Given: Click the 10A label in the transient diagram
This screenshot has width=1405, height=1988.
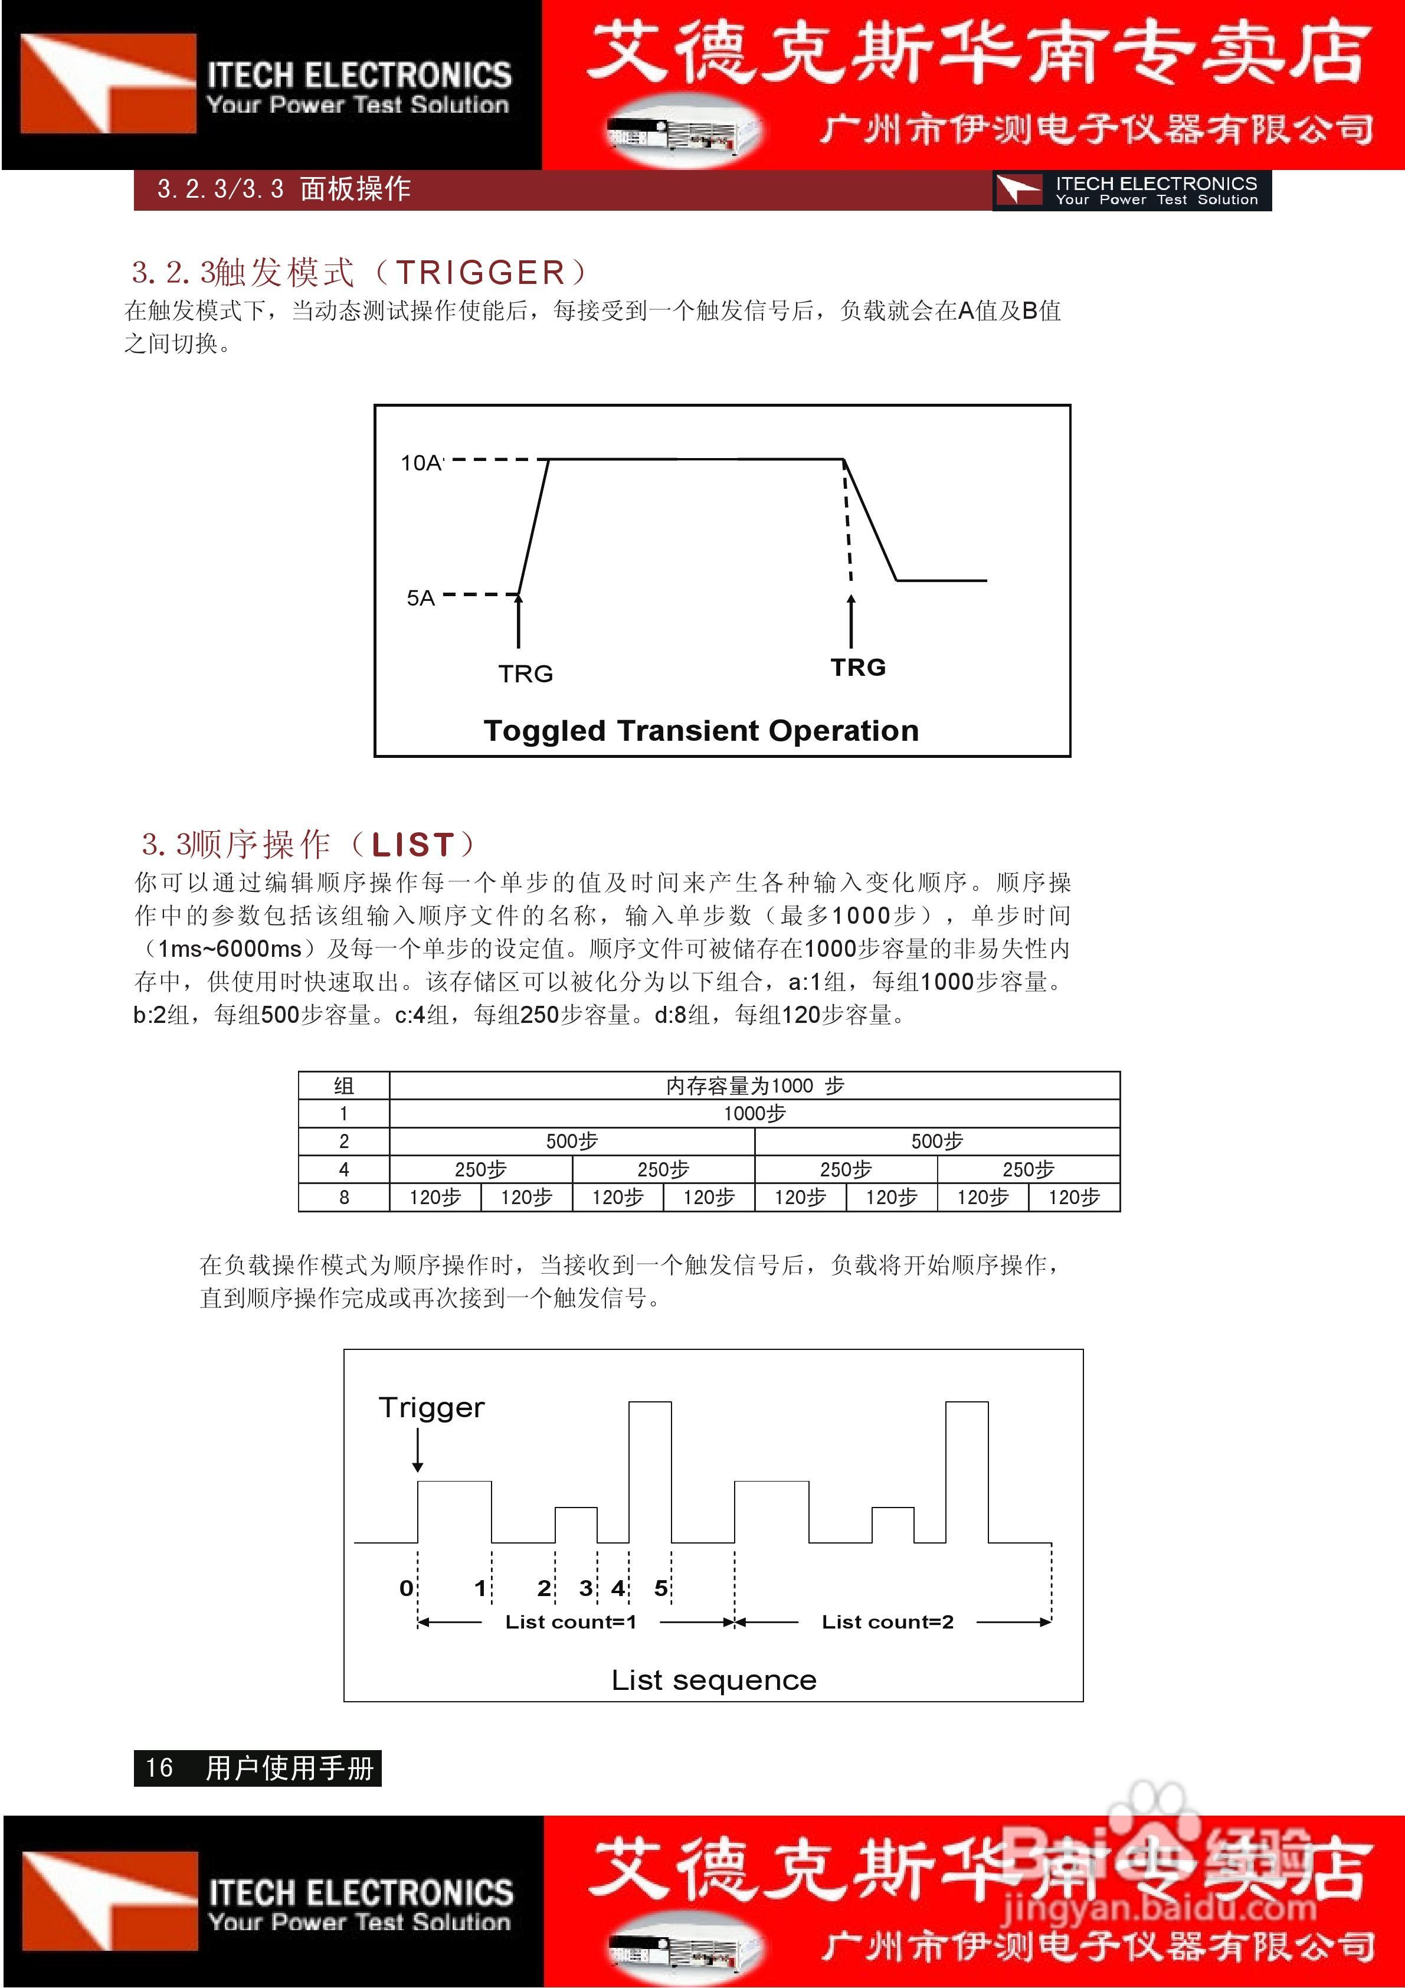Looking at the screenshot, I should [x=421, y=463].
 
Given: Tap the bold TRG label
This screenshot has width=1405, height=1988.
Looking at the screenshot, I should [x=858, y=668].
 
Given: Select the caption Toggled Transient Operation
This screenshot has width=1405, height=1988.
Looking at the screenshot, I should [x=700, y=731].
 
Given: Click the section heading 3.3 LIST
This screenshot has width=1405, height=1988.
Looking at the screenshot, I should [x=309, y=843].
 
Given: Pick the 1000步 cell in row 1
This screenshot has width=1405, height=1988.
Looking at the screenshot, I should [x=754, y=1113].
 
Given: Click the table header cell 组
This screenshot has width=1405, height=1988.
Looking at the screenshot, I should [x=343, y=1085].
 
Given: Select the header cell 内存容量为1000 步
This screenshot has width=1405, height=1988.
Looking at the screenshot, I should [x=754, y=1085].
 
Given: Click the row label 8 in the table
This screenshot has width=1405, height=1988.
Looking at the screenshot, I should [x=343, y=1198].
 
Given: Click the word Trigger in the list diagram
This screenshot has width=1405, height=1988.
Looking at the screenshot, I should [x=431, y=1408].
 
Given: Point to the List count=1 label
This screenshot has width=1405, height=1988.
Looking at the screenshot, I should [x=571, y=1622].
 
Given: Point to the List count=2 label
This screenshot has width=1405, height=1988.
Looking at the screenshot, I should [x=887, y=1622].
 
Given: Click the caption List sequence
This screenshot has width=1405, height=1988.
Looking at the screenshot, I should [x=713, y=1680].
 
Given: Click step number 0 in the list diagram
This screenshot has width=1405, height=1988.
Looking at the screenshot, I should [x=406, y=1588].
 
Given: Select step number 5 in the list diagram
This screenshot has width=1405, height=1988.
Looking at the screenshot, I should [x=660, y=1588].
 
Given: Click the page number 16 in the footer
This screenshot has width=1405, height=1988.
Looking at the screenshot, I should [x=159, y=1768].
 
